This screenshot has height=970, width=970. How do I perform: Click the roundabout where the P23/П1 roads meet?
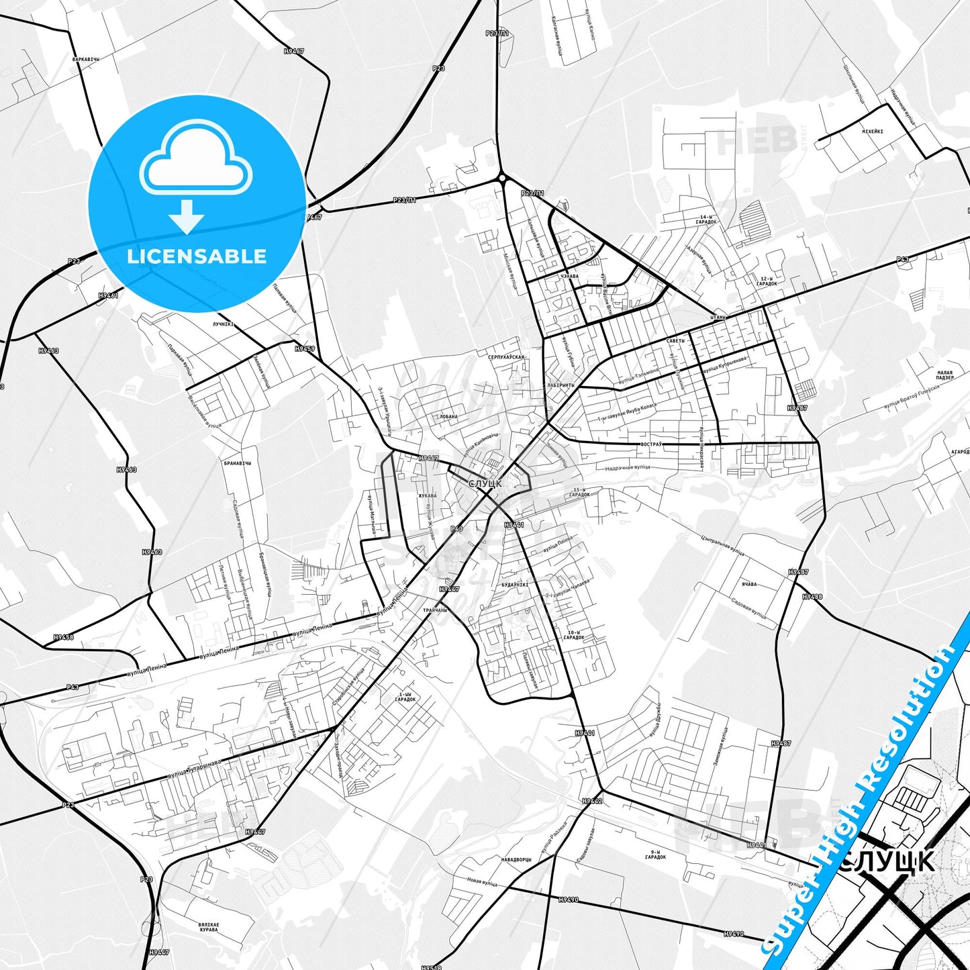click(501, 178)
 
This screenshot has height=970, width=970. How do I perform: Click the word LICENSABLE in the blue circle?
click(197, 256)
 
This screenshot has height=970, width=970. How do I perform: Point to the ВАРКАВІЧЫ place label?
click(85, 59)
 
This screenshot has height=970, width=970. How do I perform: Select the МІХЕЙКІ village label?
click(872, 132)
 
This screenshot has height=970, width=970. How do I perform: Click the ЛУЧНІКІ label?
click(222, 324)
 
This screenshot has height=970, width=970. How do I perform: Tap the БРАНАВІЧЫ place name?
click(238, 463)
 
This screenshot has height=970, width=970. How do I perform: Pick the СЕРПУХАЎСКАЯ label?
click(506, 357)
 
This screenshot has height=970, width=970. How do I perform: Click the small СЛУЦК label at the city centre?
click(485, 483)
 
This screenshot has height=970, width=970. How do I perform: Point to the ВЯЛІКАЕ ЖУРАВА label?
click(208, 927)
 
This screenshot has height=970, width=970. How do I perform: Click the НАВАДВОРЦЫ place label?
click(516, 859)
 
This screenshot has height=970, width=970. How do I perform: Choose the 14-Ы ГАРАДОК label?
click(708, 220)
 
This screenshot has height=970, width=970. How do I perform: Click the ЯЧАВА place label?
click(748, 584)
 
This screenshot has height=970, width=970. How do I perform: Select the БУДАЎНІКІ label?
click(515, 585)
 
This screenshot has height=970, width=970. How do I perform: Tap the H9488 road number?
click(812, 596)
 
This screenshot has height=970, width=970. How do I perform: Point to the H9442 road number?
click(592, 801)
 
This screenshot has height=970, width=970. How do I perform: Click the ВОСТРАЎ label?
click(650, 444)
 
